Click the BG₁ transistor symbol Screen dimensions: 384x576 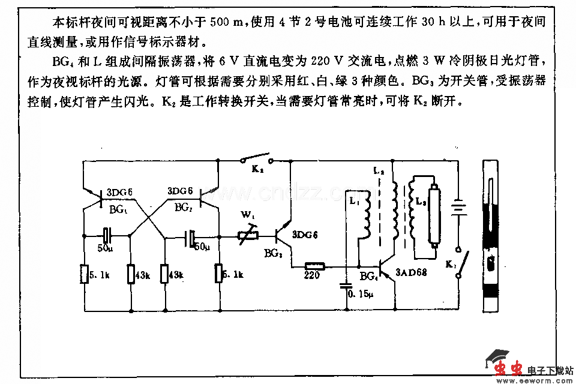pyautogui.click(x=96, y=195)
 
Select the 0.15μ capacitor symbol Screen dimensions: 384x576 pyautogui.click(x=346, y=284)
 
